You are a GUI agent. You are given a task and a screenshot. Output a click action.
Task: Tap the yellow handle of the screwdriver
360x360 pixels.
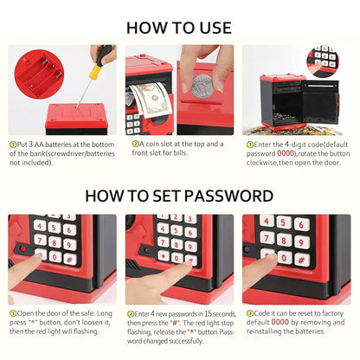[x=95, y=71]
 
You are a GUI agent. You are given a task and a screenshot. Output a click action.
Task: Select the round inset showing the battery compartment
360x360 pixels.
[x=40, y=74]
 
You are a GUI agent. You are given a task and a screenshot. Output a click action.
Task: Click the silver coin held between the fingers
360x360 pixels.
[x=202, y=86]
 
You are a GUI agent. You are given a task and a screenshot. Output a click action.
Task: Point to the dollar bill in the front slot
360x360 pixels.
[x=151, y=99]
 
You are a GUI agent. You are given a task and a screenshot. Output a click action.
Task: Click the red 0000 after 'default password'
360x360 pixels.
[x=286, y=153]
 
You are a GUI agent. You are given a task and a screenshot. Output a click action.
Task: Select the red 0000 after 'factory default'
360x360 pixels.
[x=280, y=322]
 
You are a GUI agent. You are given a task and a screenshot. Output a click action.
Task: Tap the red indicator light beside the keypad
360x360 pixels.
[x=22, y=248]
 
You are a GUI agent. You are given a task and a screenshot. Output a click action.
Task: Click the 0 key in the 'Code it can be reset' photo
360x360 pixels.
[x=284, y=258]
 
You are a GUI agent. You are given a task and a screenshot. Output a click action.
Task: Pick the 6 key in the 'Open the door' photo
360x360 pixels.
[x=69, y=230]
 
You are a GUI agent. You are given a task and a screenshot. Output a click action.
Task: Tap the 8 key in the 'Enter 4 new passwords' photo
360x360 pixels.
[x=177, y=245]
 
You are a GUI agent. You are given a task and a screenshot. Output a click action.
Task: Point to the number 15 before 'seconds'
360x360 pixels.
[x=209, y=313]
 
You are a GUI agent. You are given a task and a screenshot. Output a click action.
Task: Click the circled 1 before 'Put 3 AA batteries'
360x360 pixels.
[x=13, y=145]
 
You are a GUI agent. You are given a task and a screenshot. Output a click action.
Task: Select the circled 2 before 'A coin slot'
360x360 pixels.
[x=135, y=144]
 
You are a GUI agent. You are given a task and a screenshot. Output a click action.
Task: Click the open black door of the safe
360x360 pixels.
[x=320, y=101]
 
